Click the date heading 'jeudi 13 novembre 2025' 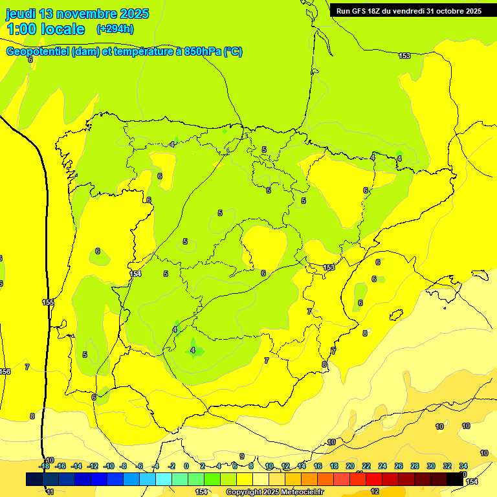pyautogui.click(x=77, y=14)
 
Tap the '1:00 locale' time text pyautogui.click(x=46, y=29)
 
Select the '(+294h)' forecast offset pyautogui.click(x=115, y=29)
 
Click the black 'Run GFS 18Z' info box pyautogui.click(x=408, y=11)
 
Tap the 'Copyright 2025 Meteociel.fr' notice pyautogui.click(x=274, y=492)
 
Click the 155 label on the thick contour pyautogui.click(x=48, y=302)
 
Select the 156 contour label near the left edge pyautogui.click(x=5, y=371)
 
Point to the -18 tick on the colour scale pyautogui.click(x=45, y=466)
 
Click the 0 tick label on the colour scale pyautogui.click(x=186, y=466)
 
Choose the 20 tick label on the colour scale pyautogui.click(x=350, y=466)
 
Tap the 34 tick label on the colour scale pyautogui.click(x=463, y=466)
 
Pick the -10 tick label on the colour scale pyautogui.click(x=109, y=466)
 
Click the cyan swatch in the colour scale pyautogui.click(x=163, y=479)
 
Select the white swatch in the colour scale pyautogui.click(x=260, y=479)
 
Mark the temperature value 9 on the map pyautogui.click(x=241, y=456)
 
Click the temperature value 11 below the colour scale pyautogui.click(x=50, y=492)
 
